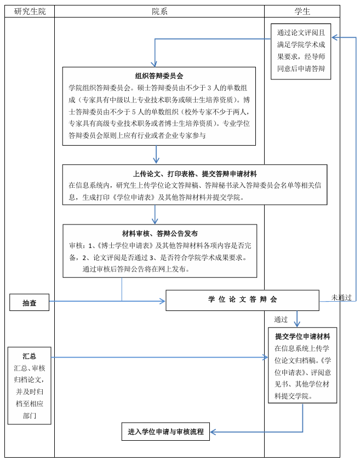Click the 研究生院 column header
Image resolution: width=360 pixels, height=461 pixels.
[30, 11]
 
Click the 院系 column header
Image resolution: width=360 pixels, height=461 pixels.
[159, 11]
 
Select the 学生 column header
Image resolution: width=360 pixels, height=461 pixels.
[302, 11]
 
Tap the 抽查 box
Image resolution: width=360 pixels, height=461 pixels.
[29, 303]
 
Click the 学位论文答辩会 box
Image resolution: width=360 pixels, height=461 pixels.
[242, 300]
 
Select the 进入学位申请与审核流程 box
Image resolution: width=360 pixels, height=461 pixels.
[165, 431]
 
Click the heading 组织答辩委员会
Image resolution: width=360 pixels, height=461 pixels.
[159, 76]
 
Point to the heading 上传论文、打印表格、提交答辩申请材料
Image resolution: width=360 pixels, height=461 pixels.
[195, 174]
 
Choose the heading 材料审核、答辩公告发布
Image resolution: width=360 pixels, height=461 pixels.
[159, 233]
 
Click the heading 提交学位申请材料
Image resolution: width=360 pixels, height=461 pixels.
[302, 337]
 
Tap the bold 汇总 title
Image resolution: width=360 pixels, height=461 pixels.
[29, 356]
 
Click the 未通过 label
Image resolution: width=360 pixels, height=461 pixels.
[341, 297]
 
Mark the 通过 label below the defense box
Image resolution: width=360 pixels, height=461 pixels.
[281, 319]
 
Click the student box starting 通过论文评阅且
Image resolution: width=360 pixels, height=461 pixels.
[301, 51]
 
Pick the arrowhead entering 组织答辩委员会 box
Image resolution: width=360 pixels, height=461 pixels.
[155, 64]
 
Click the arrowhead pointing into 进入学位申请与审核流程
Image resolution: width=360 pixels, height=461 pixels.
[214, 432]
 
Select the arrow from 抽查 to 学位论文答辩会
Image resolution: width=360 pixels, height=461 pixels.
[107, 301]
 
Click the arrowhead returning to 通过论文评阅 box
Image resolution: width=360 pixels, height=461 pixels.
[335, 37]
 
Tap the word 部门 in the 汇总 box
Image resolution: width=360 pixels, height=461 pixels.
[29, 416]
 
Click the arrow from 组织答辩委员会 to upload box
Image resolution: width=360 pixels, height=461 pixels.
[156, 154]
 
